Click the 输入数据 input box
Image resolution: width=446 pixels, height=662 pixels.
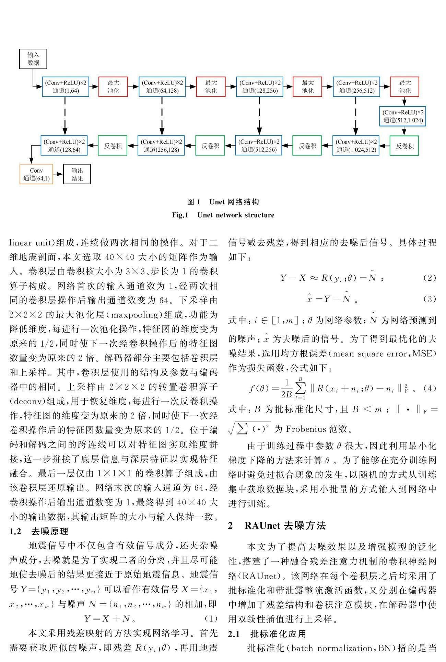coord(33,59)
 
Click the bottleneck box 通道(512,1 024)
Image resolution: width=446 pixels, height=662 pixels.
coord(403,116)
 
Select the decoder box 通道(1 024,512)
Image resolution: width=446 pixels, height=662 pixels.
coord(356,146)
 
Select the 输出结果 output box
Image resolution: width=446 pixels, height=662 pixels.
coord(77,174)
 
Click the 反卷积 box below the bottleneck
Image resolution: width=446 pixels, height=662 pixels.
coord(404,146)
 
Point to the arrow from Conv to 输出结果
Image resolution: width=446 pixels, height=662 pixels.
coord(58,174)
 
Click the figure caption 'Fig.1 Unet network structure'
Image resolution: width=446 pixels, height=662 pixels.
coord(223,215)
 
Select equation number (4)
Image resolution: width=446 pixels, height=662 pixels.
coord(430,388)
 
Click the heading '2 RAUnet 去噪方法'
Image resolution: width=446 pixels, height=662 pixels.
coord(277,526)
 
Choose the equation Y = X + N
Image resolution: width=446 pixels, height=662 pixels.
coord(110,619)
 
